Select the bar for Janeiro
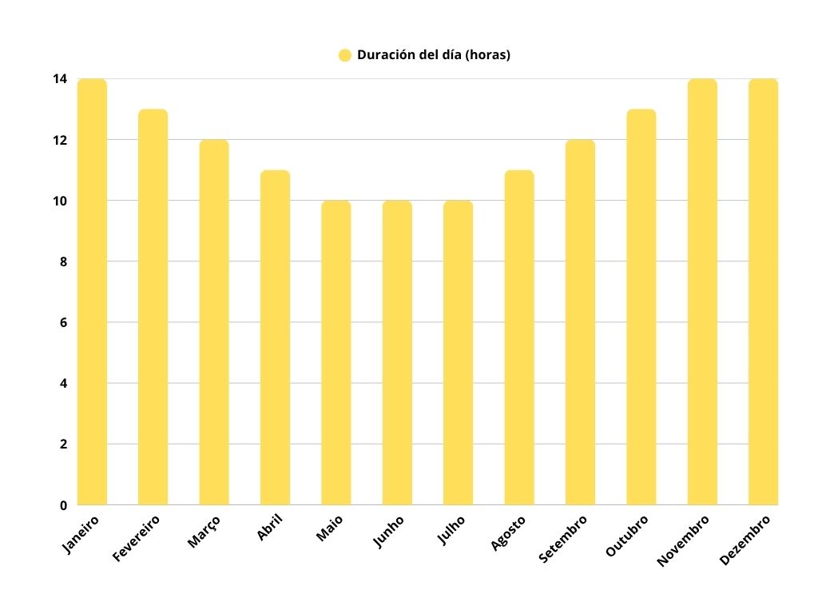pos(92,292)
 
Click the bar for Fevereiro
pos(153,307)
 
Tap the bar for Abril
pos(275,337)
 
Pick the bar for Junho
pos(397,353)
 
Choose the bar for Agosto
pos(519,337)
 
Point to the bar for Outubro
pos(641,307)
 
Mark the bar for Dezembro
pos(763,292)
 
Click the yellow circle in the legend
pos(345,55)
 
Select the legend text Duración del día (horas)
pos(434,55)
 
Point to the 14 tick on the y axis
pos(60,79)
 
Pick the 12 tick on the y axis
pos(60,140)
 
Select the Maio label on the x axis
pos(329,529)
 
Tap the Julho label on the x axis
pos(451,531)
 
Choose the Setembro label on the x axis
pos(563,539)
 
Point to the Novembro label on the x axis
pos(683,540)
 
